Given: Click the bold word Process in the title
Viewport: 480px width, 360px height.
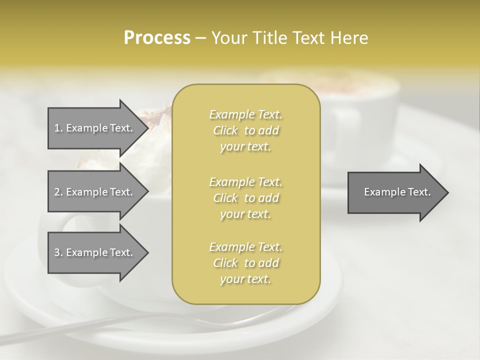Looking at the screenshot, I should (157, 38).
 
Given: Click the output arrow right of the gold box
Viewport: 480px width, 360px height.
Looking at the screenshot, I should (395, 192).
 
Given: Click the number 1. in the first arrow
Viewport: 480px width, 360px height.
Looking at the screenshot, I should (58, 128).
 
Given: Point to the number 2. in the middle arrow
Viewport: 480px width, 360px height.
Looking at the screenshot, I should (58, 192).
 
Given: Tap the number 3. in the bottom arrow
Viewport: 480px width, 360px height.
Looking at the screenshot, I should (58, 252).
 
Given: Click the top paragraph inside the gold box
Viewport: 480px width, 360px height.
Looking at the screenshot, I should (246, 130).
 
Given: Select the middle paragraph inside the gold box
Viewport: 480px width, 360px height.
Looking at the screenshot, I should (246, 198).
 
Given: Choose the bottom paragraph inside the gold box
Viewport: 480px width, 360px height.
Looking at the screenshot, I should (246, 263).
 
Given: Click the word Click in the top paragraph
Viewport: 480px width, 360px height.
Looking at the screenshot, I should (225, 130).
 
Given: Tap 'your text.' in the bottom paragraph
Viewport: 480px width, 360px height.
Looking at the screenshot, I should (245, 279).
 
